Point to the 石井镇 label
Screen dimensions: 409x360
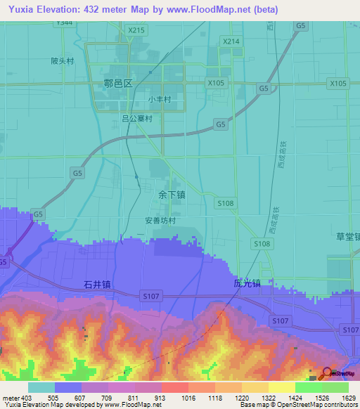tap(97, 285)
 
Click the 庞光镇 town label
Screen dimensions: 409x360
tap(247, 284)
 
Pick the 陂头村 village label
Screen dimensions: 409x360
tap(62, 61)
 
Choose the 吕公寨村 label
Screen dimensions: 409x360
tap(137, 119)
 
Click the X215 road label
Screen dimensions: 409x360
tap(136, 30)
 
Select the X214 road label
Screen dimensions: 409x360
tap(231, 42)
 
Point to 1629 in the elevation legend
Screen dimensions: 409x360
tap(339, 398)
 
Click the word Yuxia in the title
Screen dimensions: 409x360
tap(21, 10)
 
